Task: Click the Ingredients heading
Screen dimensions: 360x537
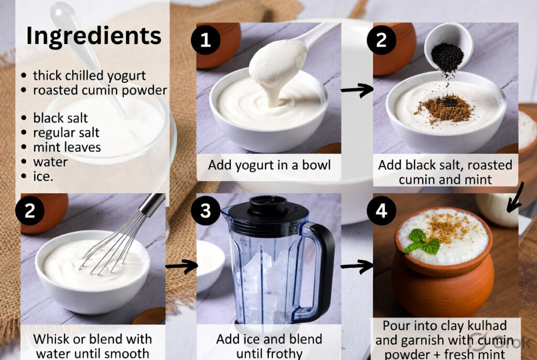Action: pyautogui.click(x=94, y=36)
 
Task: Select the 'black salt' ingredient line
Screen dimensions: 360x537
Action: pyautogui.click(x=60, y=118)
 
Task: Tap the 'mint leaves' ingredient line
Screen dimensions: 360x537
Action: pyautogui.click(x=67, y=147)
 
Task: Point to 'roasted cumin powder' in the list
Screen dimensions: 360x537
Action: pyautogui.click(x=100, y=90)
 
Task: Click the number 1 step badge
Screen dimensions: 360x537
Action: pyautogui.click(x=205, y=40)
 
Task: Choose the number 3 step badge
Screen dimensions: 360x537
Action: pyautogui.click(x=205, y=211)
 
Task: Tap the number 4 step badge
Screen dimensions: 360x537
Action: pyautogui.click(x=381, y=211)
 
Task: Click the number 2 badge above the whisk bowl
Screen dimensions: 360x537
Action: pyautogui.click(x=30, y=211)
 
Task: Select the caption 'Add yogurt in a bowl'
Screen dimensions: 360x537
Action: pyautogui.click(x=269, y=165)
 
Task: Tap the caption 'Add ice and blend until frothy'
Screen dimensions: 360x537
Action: pyautogui.click(x=269, y=345)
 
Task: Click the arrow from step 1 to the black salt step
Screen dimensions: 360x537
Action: pyautogui.click(x=357, y=90)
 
